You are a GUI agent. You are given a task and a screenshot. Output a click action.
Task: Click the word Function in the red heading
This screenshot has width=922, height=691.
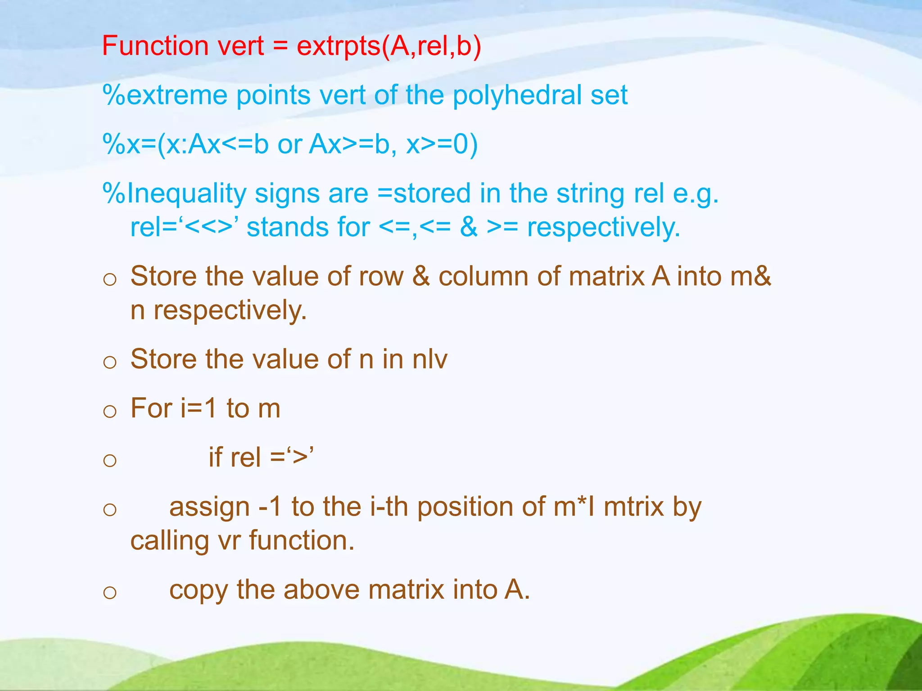pyautogui.click(x=155, y=46)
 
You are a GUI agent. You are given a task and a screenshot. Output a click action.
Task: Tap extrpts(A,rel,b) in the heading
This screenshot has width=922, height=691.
pyautogui.click(x=389, y=46)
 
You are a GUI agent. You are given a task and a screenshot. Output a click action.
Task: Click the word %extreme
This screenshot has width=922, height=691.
pyautogui.click(x=165, y=95)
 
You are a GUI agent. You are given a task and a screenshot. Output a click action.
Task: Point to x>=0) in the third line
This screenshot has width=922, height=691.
pyautogui.click(x=442, y=145)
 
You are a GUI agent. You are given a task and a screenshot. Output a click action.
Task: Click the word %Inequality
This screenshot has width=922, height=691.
pyautogui.click(x=174, y=193)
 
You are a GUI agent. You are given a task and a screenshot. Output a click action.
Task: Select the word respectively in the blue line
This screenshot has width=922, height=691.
pyautogui.click(x=603, y=227)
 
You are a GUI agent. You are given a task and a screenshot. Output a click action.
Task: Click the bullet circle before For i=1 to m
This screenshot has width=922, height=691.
pyautogui.click(x=110, y=411)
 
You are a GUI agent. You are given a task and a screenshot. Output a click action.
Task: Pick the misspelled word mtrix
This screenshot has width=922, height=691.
pyautogui.click(x=633, y=507)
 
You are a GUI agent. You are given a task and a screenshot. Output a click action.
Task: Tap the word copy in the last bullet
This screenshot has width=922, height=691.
pyautogui.click(x=198, y=590)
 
